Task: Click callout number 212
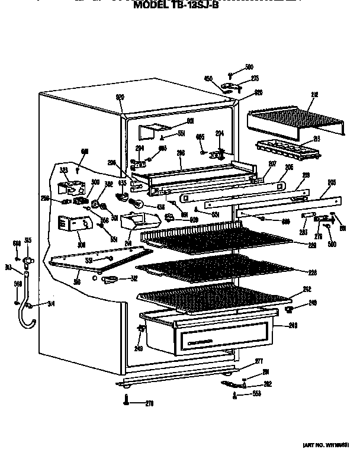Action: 314,94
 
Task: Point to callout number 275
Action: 255,78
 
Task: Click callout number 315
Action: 27,242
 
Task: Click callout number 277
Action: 259,361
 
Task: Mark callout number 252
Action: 306,290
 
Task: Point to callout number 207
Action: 272,163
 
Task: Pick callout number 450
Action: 208,78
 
